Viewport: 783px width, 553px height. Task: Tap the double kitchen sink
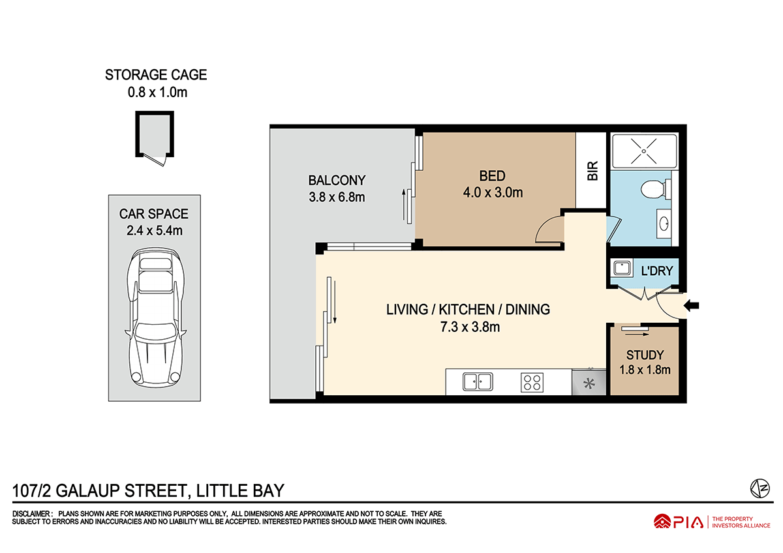tap(478, 381)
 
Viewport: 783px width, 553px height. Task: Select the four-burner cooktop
tap(532, 382)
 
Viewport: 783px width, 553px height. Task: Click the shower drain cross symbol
tap(643, 151)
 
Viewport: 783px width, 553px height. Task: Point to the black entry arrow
tap(691, 306)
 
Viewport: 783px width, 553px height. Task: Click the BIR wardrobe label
tap(592, 170)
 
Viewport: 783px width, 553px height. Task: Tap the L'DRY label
tap(657, 271)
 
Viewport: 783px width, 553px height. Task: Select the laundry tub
tap(622, 269)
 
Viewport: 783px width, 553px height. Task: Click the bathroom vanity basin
tap(664, 224)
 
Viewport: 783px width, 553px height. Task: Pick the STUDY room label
tap(645, 355)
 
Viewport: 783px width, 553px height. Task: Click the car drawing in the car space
tap(155, 318)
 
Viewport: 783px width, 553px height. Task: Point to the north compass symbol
tap(760, 488)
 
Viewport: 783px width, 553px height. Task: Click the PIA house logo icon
tap(662, 522)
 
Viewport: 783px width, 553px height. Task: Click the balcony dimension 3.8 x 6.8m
tap(337, 197)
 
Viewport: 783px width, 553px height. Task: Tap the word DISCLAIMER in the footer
tap(31, 513)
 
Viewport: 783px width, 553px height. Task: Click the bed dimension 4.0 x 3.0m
tap(493, 192)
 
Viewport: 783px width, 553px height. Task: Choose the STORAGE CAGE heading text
tap(156, 75)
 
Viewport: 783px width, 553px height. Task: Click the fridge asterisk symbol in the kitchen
tap(589, 384)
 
